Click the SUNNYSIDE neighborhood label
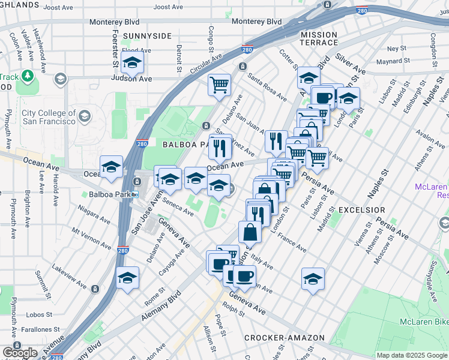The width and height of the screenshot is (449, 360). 147,36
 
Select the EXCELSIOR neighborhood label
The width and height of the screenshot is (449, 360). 361,210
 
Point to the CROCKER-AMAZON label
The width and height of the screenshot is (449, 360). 285,338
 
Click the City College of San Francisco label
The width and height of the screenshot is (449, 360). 48,118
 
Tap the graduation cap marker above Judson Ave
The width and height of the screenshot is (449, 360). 131,62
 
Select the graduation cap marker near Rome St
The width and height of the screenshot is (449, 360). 127,278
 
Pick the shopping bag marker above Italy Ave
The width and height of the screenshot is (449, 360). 250,232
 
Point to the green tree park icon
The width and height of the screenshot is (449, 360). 27,76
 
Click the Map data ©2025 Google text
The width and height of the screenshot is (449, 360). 412,355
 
